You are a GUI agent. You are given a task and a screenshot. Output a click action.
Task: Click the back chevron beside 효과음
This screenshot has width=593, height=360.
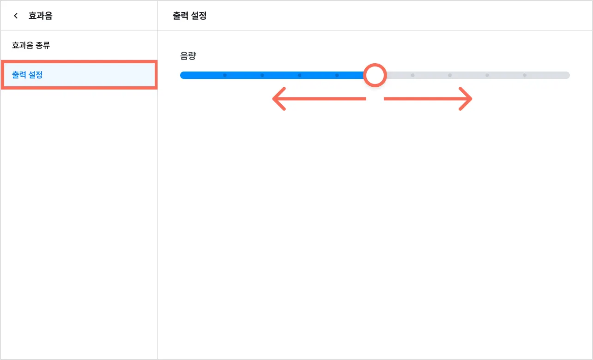click(16, 16)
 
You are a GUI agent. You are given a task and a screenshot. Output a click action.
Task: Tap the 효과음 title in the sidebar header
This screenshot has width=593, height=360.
click(40, 16)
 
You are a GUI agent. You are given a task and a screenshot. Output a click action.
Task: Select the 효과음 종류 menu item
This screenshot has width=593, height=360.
click(31, 45)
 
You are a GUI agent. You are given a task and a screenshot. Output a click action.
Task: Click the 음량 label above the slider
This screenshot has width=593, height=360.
click(188, 56)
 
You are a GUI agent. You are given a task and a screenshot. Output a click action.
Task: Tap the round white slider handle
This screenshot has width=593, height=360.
click(375, 75)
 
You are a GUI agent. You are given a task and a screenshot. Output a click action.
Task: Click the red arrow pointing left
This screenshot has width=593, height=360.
click(319, 99)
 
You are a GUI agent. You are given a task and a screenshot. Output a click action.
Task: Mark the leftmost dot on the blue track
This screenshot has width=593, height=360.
click(225, 75)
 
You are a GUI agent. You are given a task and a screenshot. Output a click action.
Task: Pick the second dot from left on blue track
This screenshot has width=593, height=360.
click(262, 75)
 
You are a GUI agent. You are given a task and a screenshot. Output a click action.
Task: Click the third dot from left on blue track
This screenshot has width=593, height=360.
click(300, 75)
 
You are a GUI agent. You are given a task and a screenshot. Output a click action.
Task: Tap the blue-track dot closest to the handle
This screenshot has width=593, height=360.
click(337, 75)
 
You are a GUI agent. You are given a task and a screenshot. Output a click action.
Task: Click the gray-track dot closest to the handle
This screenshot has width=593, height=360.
click(412, 75)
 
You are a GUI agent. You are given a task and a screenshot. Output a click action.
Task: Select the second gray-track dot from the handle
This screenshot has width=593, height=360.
click(450, 75)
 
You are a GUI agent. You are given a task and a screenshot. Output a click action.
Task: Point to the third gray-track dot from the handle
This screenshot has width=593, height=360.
click(487, 75)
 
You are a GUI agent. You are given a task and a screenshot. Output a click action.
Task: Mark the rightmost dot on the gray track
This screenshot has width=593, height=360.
click(525, 75)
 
